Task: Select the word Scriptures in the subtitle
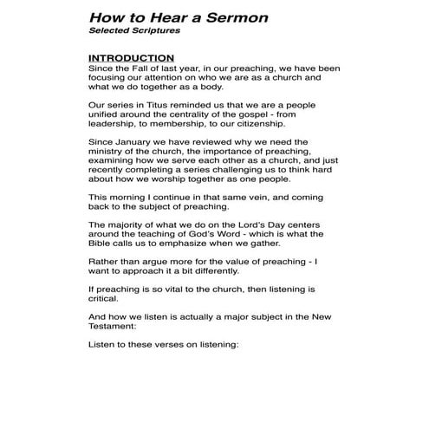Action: pos(154,31)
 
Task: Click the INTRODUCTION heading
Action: pos(131,58)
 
